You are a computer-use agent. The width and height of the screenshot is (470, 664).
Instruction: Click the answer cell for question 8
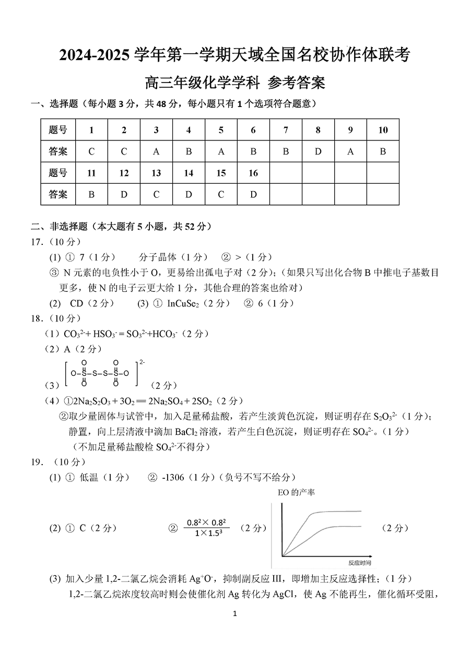click(x=318, y=151)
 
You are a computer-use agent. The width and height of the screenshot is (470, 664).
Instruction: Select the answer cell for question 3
click(x=156, y=151)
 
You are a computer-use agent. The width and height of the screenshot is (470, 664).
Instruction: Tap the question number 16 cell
click(x=253, y=173)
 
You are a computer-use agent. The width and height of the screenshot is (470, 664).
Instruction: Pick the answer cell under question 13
click(x=156, y=195)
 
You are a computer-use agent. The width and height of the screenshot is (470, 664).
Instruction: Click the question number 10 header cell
click(x=383, y=130)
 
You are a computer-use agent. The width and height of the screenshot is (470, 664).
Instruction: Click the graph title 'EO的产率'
click(x=297, y=492)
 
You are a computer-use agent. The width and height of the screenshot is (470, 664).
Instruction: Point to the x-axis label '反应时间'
click(x=360, y=563)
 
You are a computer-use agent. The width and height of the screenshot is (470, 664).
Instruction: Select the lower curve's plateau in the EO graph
click(x=342, y=526)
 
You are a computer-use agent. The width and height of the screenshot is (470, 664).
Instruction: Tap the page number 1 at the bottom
click(x=235, y=614)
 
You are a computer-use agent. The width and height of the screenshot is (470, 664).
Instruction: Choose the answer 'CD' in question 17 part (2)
click(x=76, y=303)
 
